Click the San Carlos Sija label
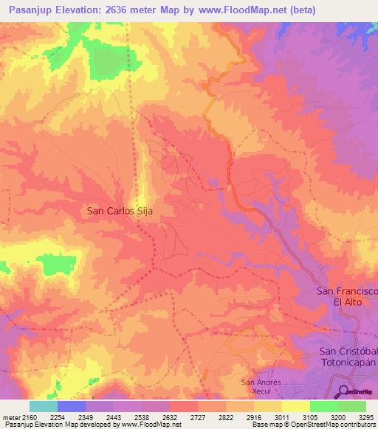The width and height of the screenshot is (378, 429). point(124,210)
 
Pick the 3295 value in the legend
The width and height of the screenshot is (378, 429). point(366,418)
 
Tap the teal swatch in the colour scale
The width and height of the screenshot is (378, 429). point(43,407)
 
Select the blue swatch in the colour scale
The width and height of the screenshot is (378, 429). point(71,407)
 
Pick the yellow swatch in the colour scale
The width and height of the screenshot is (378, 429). point(295,407)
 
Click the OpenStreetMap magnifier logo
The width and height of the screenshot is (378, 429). point(343,391)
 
